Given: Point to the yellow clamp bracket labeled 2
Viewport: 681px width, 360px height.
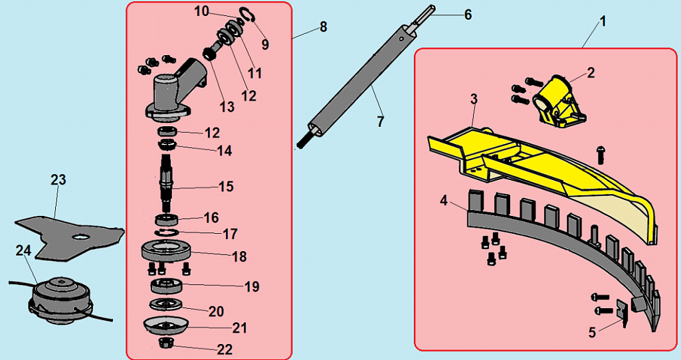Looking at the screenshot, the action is pos(558,101).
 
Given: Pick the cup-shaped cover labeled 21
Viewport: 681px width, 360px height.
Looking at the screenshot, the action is pos(167,327).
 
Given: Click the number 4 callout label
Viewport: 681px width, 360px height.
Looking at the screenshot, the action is pos(443,201).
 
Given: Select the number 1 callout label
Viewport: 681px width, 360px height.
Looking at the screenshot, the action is pos(603,21).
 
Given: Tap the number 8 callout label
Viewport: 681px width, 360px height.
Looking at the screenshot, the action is pos(323,27).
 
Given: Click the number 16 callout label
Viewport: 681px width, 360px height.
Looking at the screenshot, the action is pos(211,217).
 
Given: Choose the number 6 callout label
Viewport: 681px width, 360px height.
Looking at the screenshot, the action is pos(468,15).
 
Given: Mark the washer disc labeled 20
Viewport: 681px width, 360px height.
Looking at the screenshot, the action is pos(166,304).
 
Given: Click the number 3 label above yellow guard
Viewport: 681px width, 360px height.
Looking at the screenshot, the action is pos(474,99).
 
